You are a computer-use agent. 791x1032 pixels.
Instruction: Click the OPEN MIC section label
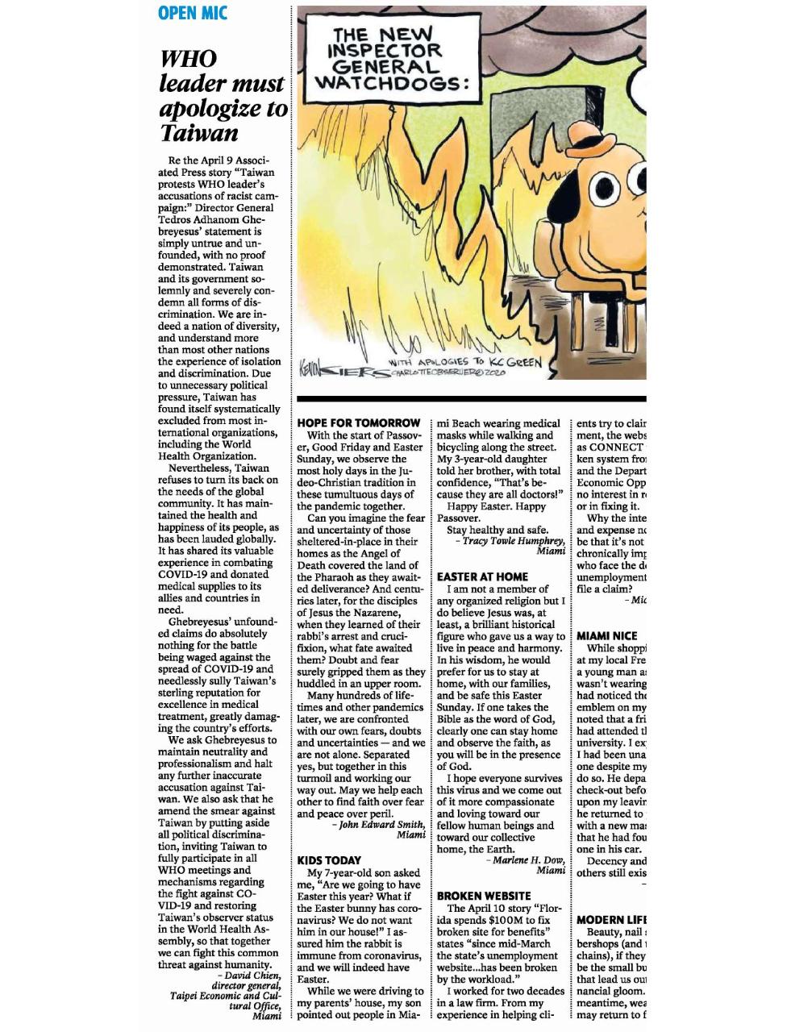[x=193, y=13]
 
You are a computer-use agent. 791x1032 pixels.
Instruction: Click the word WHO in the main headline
[x=189, y=59]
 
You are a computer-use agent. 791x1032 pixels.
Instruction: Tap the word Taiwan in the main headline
[x=198, y=132]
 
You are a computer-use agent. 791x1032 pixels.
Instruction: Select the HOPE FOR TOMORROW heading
[x=359, y=423]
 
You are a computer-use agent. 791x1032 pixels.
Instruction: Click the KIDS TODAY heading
[x=329, y=860]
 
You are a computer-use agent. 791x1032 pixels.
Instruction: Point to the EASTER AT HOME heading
[x=482, y=576]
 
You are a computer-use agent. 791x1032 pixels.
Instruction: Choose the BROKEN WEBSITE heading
[x=484, y=896]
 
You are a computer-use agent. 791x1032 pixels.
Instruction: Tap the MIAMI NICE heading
[x=607, y=636]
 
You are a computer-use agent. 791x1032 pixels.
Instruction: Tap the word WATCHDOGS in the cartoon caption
[x=390, y=82]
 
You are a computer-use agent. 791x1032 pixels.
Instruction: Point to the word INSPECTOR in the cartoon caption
[x=385, y=50]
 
